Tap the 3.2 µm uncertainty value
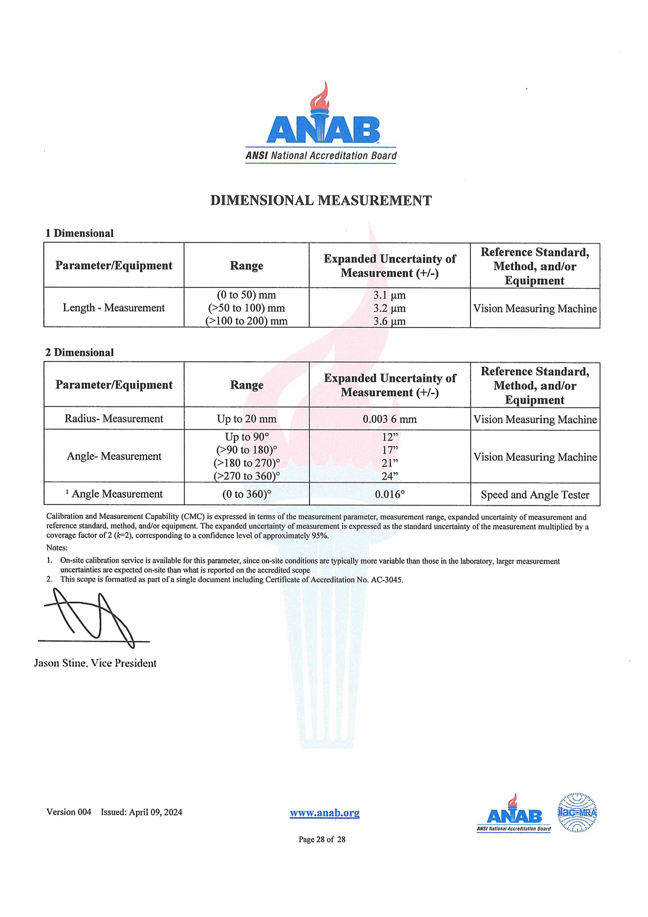click(x=389, y=308)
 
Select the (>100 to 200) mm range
click(x=246, y=321)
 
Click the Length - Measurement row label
click(x=113, y=308)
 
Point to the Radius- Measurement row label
click(x=114, y=419)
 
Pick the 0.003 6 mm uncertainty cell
click(x=389, y=419)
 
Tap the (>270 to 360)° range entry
click(x=246, y=476)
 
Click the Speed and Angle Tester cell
click(x=535, y=495)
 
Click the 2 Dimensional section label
click(x=79, y=352)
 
